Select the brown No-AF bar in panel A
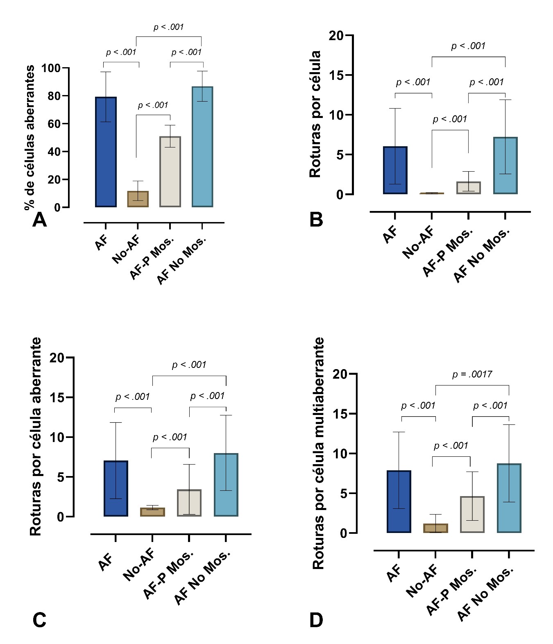pyautogui.click(x=138, y=199)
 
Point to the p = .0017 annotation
pyautogui.click(x=472, y=374)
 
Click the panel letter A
pyautogui.click(x=39, y=220)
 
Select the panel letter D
pyautogui.click(x=316, y=620)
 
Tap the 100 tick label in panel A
pyautogui.click(x=51, y=68)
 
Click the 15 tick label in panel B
pyautogui.click(x=336, y=75)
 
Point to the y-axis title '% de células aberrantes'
pyautogui.click(x=29, y=137)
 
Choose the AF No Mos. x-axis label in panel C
pyautogui.click(x=202, y=578)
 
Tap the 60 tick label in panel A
pyautogui.click(x=54, y=124)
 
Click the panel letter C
pyautogui.click(x=39, y=620)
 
